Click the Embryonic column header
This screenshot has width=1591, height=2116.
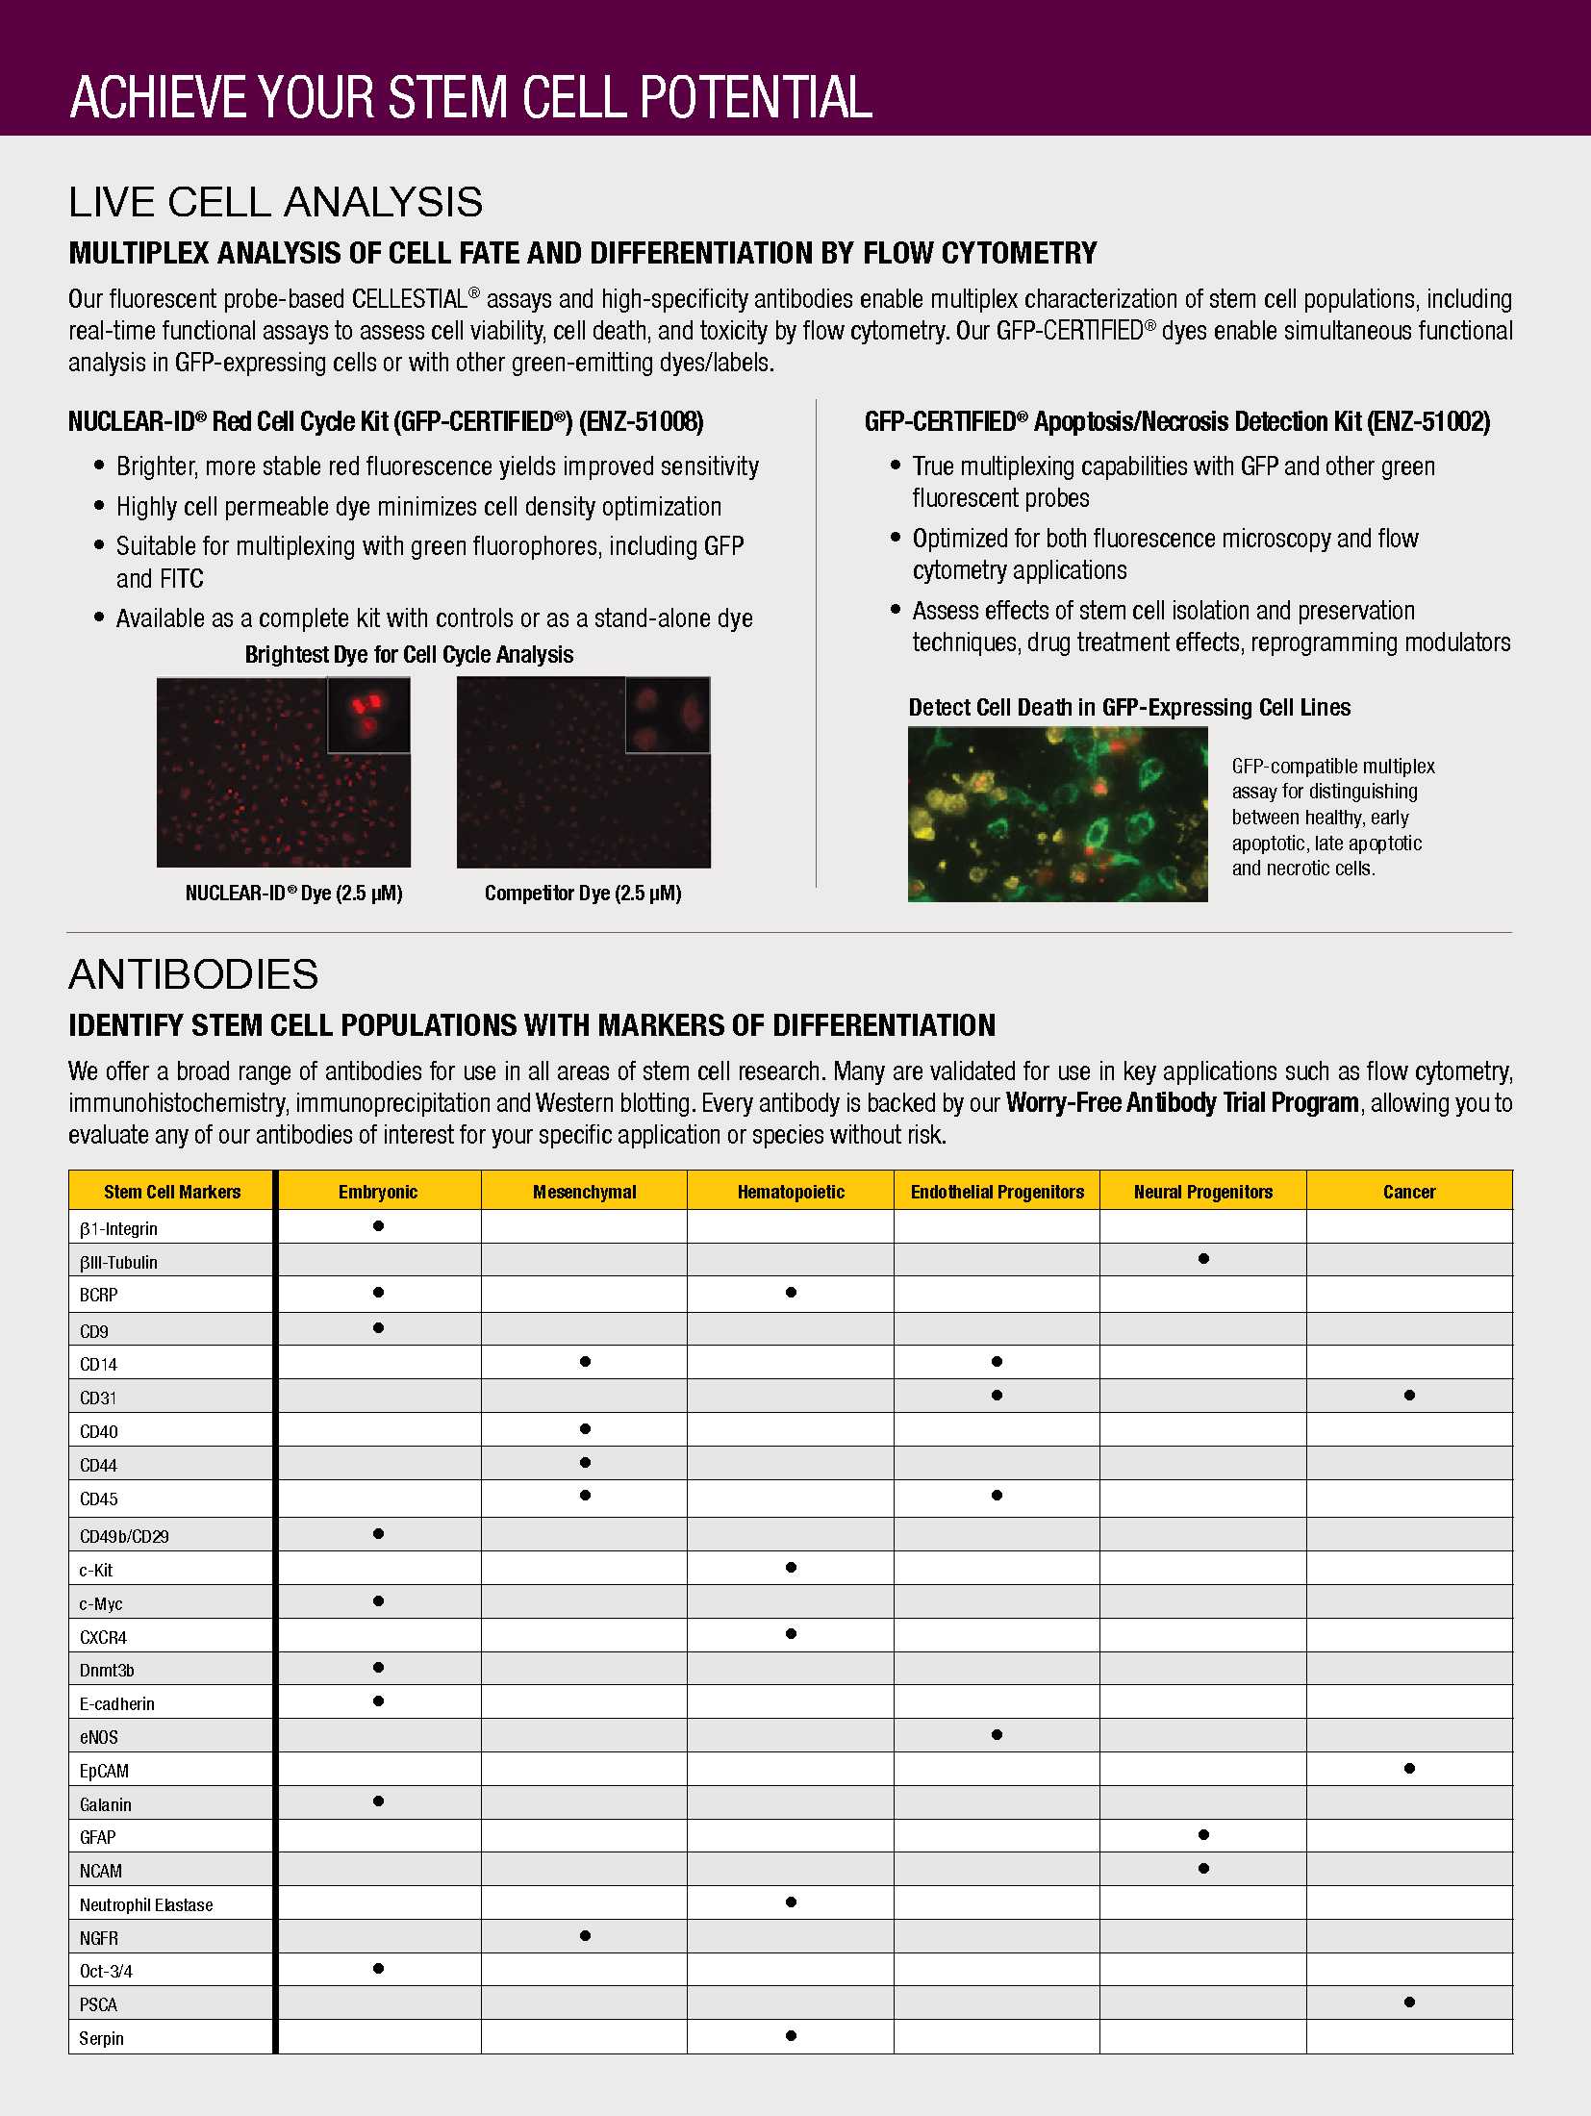pyautogui.click(x=378, y=1192)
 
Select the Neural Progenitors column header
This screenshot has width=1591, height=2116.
pyautogui.click(x=1202, y=1192)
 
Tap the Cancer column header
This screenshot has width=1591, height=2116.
pyautogui.click(x=1409, y=1192)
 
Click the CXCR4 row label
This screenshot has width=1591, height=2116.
pyautogui.click(x=103, y=1637)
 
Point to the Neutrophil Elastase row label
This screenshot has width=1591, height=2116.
pyautogui.click(x=146, y=1904)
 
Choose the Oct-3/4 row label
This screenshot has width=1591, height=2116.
pyautogui.click(x=106, y=1971)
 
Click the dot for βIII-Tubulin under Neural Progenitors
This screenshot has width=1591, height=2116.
pyautogui.click(x=1203, y=1259)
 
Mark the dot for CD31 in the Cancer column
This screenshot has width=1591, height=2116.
pyautogui.click(x=1409, y=1395)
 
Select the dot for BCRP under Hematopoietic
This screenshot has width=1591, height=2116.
pyautogui.click(x=791, y=1293)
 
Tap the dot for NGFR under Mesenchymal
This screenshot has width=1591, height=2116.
pyautogui.click(x=585, y=1936)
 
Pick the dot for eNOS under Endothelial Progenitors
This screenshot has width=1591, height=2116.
pyautogui.click(x=997, y=1735)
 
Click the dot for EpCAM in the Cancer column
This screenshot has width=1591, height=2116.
pyautogui.click(x=1409, y=1768)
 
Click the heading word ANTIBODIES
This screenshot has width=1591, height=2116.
pyautogui.click(x=193, y=974)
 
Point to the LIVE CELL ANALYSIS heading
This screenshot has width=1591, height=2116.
pyautogui.click(x=276, y=202)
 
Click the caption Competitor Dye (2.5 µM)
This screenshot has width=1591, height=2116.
pyautogui.click(x=583, y=893)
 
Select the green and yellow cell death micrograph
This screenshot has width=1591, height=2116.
pyautogui.click(x=1057, y=814)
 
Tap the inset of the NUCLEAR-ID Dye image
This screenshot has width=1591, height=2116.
pyautogui.click(x=368, y=715)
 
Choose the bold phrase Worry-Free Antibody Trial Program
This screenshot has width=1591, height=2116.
pyautogui.click(x=1182, y=1102)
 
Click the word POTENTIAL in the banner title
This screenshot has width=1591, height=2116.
pyautogui.click(x=756, y=97)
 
